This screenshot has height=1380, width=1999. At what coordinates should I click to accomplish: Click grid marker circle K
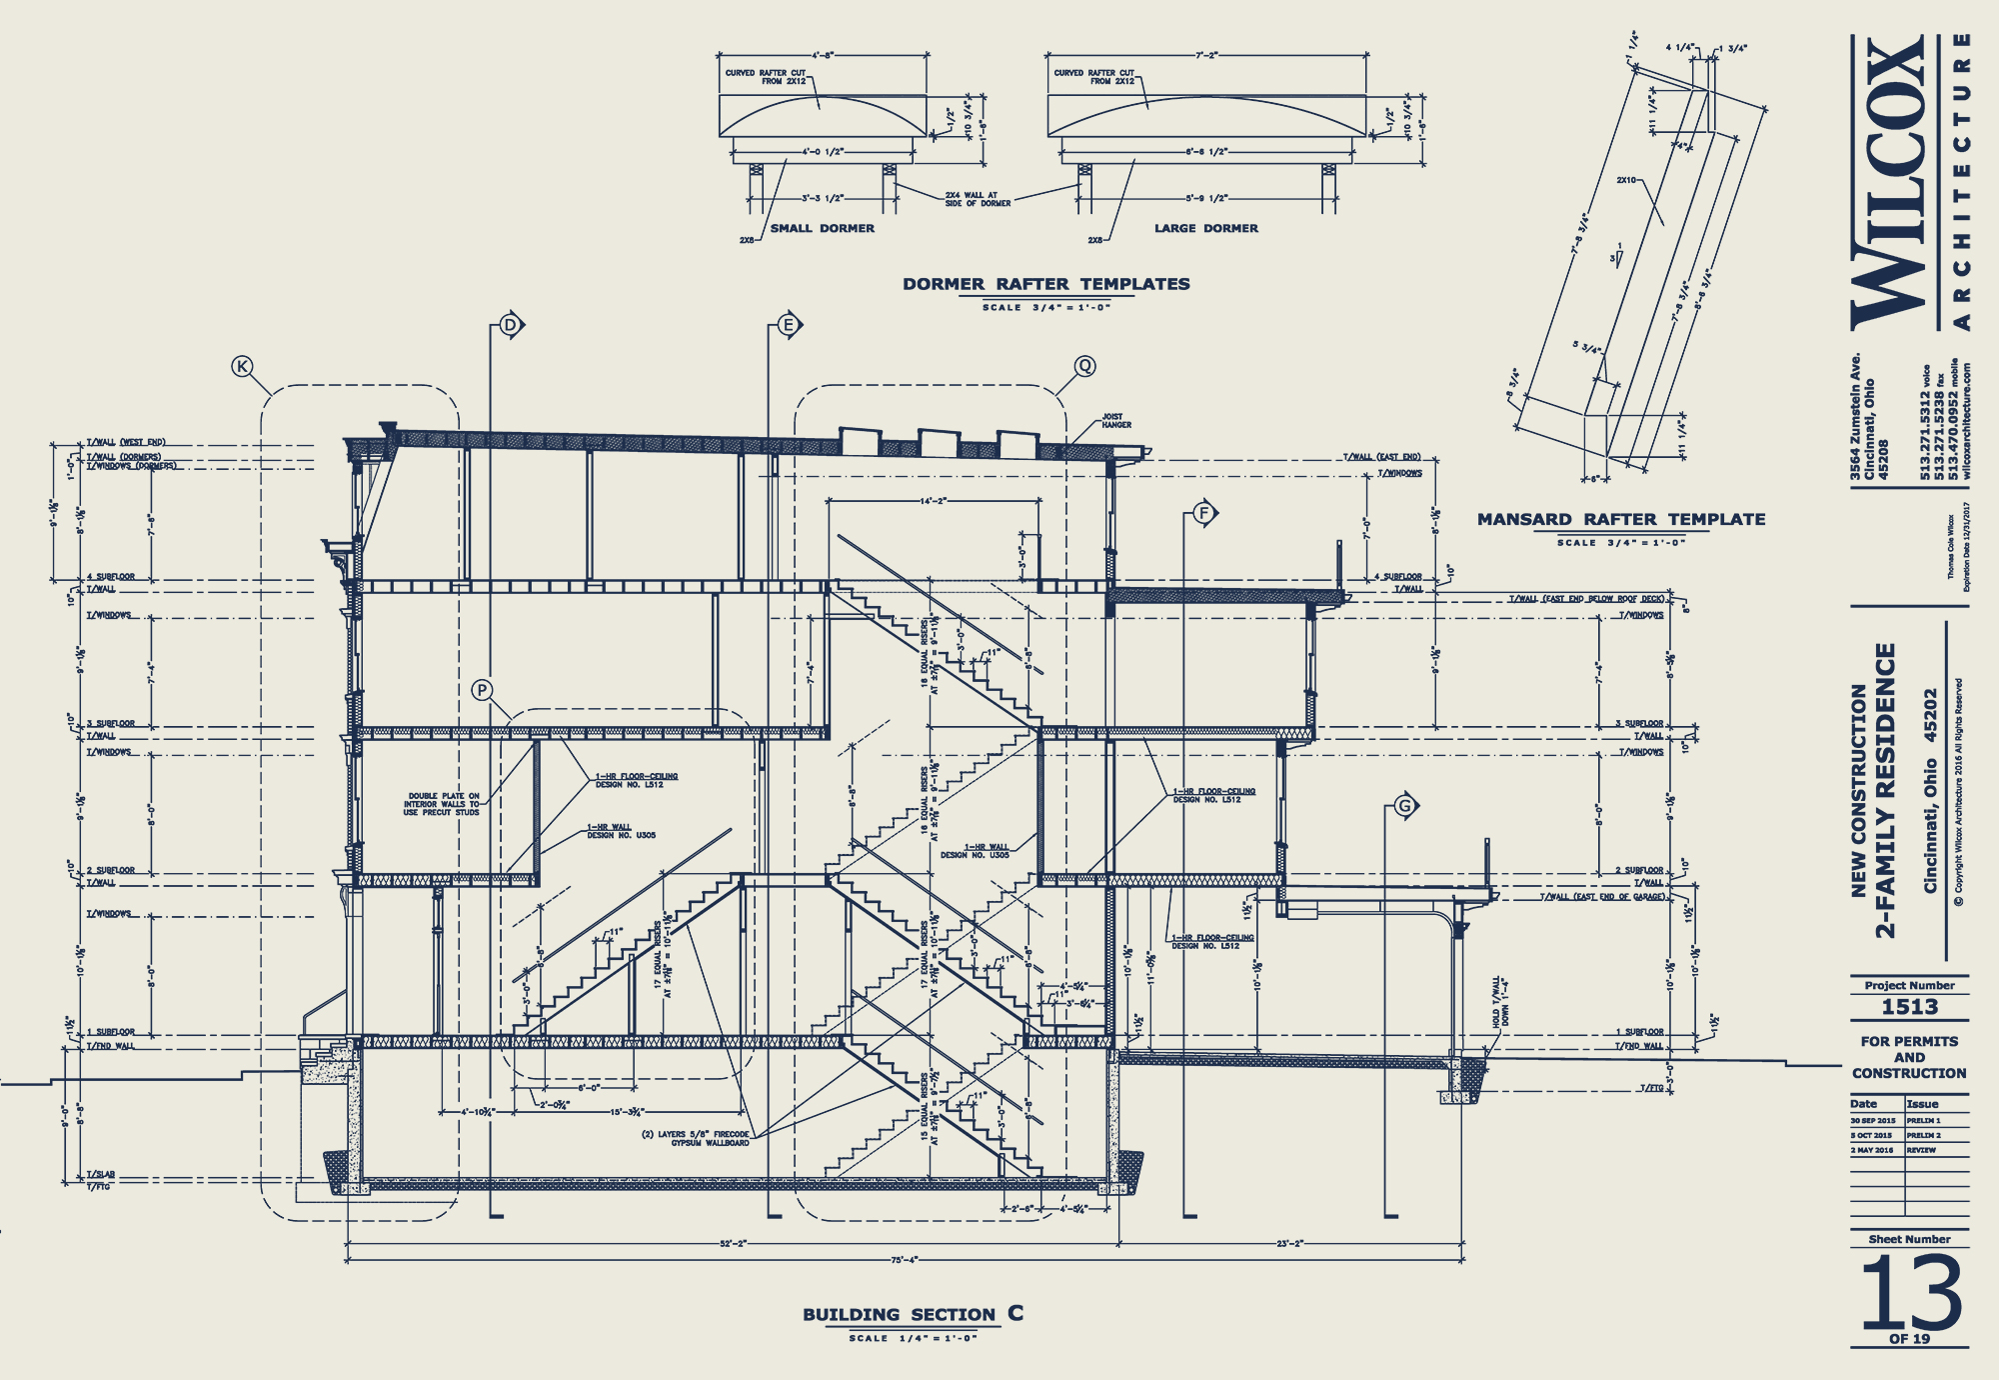242,367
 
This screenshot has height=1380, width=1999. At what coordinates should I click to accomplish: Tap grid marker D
511,325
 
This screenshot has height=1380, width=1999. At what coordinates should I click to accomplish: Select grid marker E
789,325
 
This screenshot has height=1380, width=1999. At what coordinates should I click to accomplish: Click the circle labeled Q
1084,366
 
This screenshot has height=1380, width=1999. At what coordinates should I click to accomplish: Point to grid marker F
1203,514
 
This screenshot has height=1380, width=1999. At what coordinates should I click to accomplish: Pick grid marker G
1405,806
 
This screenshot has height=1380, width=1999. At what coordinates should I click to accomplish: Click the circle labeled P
483,690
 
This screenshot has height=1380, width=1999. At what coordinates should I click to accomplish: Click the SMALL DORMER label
823,228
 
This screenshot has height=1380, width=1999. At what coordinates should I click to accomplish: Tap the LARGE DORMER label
1206,228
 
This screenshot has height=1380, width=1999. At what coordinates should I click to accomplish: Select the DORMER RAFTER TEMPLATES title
1046,284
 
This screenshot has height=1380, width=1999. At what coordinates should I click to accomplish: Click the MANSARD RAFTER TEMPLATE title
1621,519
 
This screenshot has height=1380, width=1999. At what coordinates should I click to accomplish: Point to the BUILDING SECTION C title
913,1314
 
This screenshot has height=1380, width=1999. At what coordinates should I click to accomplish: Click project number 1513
1909,1007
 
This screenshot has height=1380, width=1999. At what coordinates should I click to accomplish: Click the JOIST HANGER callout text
1116,421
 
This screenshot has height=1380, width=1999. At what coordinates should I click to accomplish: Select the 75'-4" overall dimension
904,1260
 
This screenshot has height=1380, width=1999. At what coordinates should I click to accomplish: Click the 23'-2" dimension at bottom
1290,1244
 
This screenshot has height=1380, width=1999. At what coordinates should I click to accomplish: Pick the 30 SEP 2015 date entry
1873,1121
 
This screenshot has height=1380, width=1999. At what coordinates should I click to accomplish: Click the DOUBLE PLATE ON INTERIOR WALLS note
442,804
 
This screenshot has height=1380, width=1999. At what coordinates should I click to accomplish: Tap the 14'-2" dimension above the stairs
933,501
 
